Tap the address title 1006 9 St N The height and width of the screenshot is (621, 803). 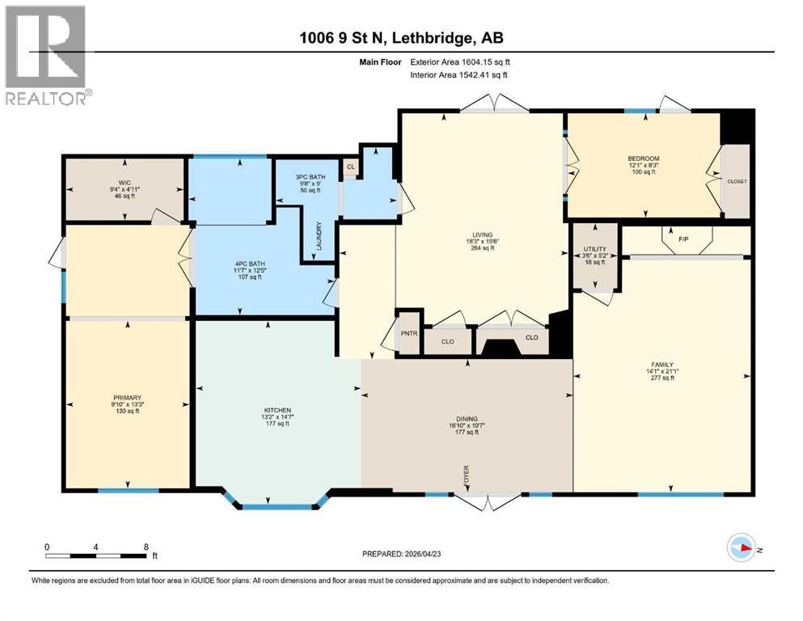[402, 38]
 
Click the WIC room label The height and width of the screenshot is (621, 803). [124, 182]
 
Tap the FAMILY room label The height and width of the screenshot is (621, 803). [661, 365]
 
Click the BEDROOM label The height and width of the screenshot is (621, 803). [643, 158]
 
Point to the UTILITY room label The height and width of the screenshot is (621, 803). [594, 249]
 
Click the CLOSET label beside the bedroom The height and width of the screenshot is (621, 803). [737, 181]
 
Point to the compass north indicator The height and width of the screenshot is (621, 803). [742, 547]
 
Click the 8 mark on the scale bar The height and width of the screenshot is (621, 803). [145, 547]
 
